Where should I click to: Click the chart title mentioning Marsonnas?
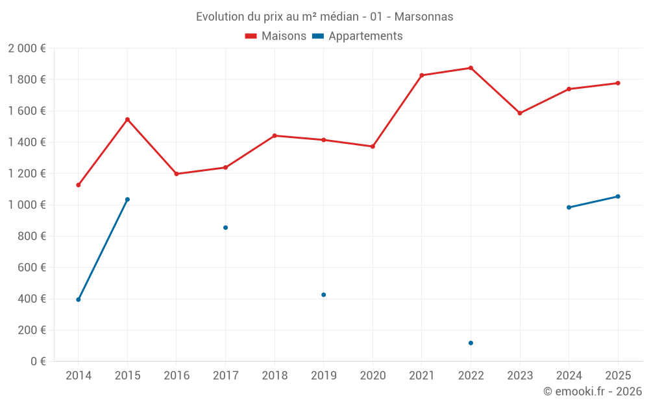tap(324, 16)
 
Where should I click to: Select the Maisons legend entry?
tap(276, 36)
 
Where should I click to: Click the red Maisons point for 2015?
tap(127, 119)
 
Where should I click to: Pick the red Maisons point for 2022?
tap(471, 68)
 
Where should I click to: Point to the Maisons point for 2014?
tap(79, 185)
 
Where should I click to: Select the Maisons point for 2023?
tap(520, 113)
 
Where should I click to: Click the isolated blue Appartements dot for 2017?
tap(225, 227)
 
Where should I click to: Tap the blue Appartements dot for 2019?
tap(323, 295)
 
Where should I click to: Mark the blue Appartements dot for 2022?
tap(471, 343)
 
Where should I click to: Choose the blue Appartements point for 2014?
tap(79, 299)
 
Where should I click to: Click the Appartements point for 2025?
tap(618, 196)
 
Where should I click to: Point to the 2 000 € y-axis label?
tap(27, 49)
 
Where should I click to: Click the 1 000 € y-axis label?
tap(27, 205)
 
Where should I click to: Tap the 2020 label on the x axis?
tap(373, 376)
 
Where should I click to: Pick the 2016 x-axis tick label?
tap(177, 376)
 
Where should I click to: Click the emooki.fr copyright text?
tap(592, 391)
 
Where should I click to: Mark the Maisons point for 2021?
tap(422, 75)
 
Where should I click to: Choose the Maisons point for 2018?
tap(275, 135)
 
